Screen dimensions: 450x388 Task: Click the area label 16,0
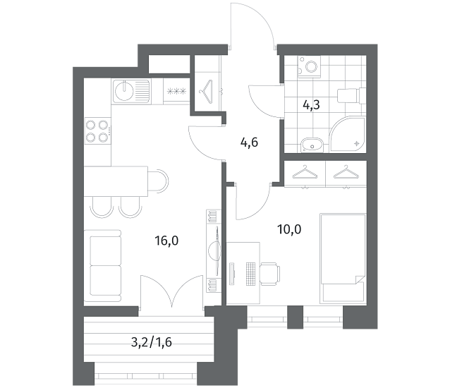coord(166,241)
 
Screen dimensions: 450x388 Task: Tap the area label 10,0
coord(289,229)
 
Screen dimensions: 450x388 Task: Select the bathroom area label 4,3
coord(311,105)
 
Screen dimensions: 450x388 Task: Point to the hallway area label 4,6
coord(249,143)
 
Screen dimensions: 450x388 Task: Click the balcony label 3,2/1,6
coord(151,342)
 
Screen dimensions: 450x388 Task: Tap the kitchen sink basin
coord(124,91)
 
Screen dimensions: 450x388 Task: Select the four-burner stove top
coord(97,132)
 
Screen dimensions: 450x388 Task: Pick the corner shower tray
coord(348,134)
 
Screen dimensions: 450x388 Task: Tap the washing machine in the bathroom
coord(310,67)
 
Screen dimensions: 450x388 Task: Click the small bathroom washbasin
coord(312,145)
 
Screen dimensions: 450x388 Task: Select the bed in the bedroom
coord(343,258)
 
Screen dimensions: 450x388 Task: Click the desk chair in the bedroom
coord(269,274)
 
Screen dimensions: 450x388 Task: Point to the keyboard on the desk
coord(251,274)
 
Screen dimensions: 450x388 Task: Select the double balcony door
coord(172,291)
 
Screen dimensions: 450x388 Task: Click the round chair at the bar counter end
coord(158,181)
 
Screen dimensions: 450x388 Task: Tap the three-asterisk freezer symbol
coord(177,92)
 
